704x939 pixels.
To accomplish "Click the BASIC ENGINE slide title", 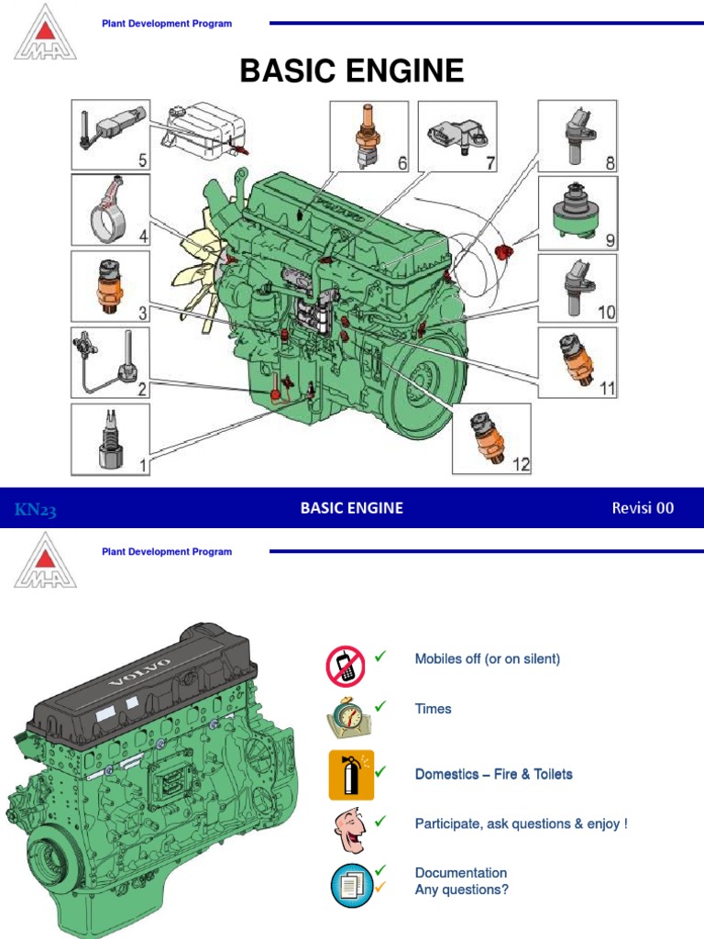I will (351, 71).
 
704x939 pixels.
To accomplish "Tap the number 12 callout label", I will (522, 465).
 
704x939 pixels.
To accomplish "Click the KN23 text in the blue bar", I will (36, 509).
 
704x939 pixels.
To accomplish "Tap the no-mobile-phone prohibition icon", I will (346, 667).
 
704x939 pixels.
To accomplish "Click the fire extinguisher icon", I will (352, 775).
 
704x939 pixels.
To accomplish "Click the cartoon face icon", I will (350, 830).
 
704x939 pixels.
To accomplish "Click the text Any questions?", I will (462, 889).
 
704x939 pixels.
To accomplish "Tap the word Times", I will (433, 709).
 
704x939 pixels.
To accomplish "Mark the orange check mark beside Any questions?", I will (380, 887).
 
